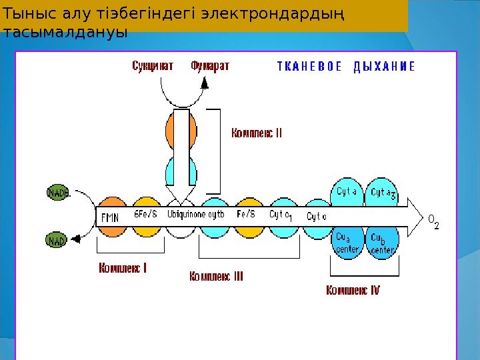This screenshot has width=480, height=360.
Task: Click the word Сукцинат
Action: (153, 66)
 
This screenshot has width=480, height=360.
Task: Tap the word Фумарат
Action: (210, 66)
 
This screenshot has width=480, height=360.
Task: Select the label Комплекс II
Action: (257, 133)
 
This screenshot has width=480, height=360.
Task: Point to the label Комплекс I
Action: (123, 269)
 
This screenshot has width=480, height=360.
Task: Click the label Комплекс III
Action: (216, 275)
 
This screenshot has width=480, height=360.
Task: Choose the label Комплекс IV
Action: (353, 290)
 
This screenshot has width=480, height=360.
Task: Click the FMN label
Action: (110, 217)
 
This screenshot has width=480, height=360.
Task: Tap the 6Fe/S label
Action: (146, 214)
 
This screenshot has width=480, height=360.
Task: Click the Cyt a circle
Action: (347, 192)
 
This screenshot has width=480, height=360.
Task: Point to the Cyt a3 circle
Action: (382, 193)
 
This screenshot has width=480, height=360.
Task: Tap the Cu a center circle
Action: (347, 241)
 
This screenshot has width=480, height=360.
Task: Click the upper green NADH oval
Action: (58, 193)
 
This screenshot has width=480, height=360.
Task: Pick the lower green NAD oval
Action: (57, 241)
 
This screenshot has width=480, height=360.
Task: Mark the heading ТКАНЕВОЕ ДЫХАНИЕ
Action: (346, 67)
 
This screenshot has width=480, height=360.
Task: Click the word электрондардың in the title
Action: (286, 15)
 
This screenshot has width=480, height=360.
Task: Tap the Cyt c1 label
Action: (281, 215)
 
